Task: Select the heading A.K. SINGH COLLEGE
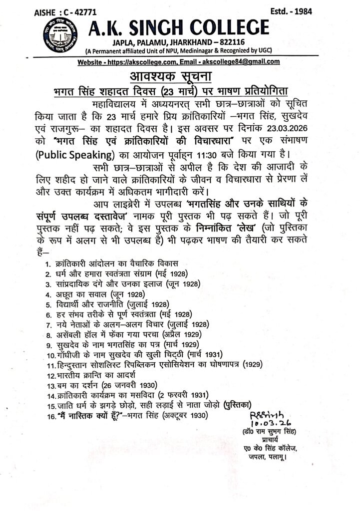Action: [x=177, y=27]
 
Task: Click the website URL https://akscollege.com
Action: [x=146, y=61]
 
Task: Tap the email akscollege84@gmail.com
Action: [x=239, y=61]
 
